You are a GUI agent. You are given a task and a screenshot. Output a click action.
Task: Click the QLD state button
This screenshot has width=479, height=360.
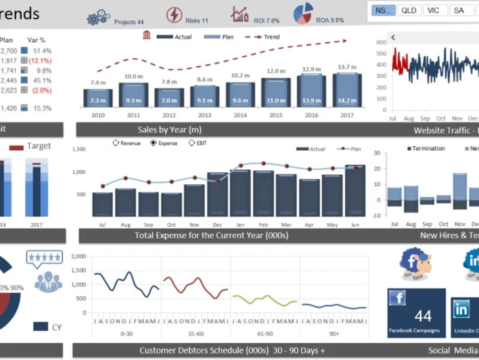click(409, 11)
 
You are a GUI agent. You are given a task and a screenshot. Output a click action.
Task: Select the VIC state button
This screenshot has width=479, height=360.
click(433, 11)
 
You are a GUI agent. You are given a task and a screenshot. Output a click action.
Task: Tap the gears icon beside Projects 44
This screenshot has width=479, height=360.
click(98, 17)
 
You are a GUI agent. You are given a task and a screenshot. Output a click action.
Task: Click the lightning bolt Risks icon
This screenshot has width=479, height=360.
click(174, 15)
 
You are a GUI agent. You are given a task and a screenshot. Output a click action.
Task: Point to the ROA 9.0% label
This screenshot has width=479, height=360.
click(330, 21)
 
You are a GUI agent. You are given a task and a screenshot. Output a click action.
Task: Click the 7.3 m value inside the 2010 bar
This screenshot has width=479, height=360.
click(98, 100)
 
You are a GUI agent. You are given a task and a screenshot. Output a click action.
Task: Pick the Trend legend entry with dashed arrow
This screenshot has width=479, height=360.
click(262, 37)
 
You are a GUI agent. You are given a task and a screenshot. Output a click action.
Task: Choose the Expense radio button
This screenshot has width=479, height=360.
click(153, 143)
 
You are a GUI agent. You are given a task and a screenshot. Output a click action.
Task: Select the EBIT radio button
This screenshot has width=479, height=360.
click(192, 143)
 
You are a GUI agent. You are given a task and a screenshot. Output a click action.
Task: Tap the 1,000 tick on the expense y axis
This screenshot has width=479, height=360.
click(79, 172)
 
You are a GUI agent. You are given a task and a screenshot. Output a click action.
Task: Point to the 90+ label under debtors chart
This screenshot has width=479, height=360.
click(334, 333)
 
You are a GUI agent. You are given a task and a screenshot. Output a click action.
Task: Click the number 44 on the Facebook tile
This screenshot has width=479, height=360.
click(423, 316)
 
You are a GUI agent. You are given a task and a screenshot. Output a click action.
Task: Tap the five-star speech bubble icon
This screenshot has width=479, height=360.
click(45, 258)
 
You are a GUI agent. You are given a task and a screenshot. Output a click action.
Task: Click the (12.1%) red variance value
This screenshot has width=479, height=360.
click(40, 61)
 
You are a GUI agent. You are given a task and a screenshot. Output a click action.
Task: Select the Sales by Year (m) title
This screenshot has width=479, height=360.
click(170, 130)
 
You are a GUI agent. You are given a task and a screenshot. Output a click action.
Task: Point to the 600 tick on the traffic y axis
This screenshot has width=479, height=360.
click(381, 42)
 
